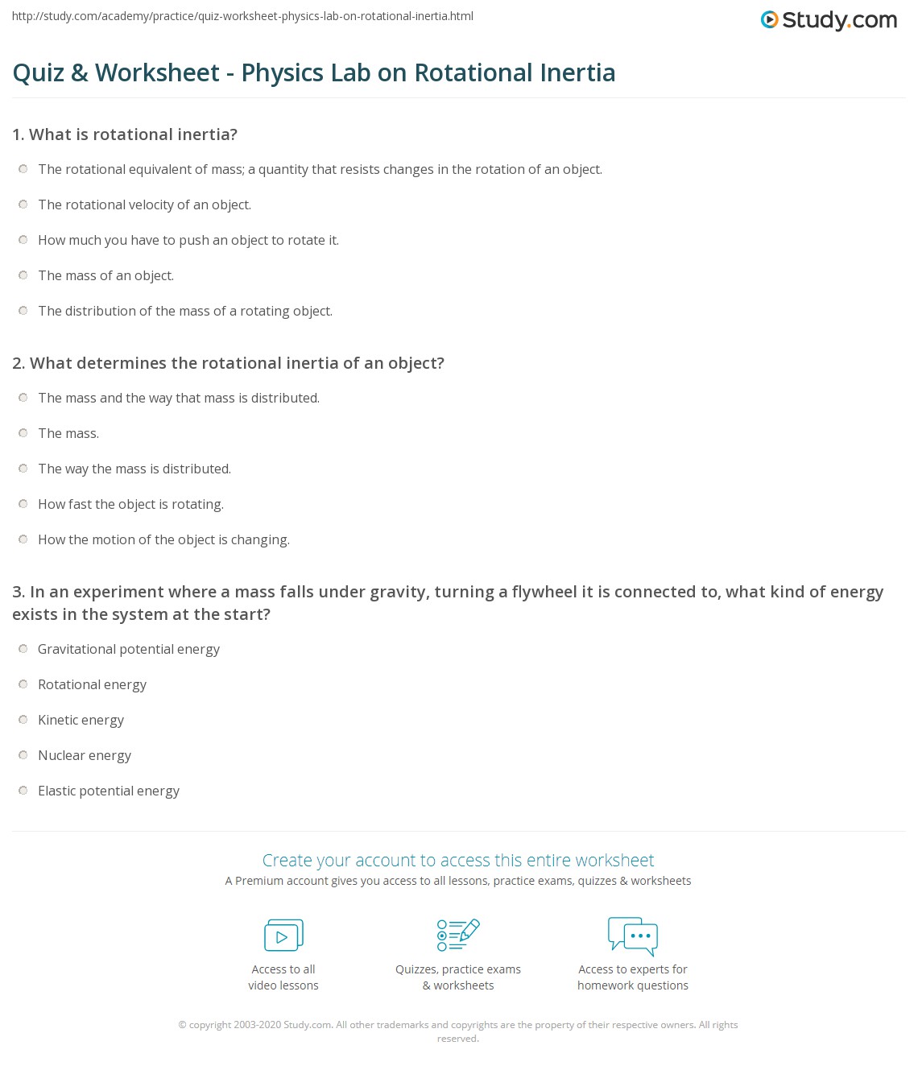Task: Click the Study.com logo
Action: click(x=829, y=20)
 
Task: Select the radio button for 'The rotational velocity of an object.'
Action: click(x=23, y=204)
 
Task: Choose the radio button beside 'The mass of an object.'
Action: click(x=23, y=275)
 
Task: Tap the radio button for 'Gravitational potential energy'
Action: click(x=23, y=649)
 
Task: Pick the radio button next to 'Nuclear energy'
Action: click(x=23, y=755)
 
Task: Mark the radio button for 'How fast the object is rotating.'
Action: click(x=23, y=504)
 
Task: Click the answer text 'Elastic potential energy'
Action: click(x=109, y=791)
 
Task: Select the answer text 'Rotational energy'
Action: click(x=92, y=684)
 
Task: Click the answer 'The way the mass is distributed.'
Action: click(x=134, y=469)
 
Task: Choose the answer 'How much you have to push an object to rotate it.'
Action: click(x=188, y=240)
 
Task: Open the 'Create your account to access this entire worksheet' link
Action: click(x=458, y=860)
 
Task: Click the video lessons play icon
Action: click(x=283, y=936)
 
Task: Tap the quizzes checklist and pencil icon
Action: click(x=458, y=935)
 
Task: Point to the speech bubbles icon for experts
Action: click(x=633, y=935)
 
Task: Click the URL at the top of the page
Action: click(x=242, y=16)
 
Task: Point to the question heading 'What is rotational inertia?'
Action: click(x=133, y=134)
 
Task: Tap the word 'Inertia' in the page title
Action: click(x=577, y=72)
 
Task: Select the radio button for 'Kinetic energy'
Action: click(x=23, y=720)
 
